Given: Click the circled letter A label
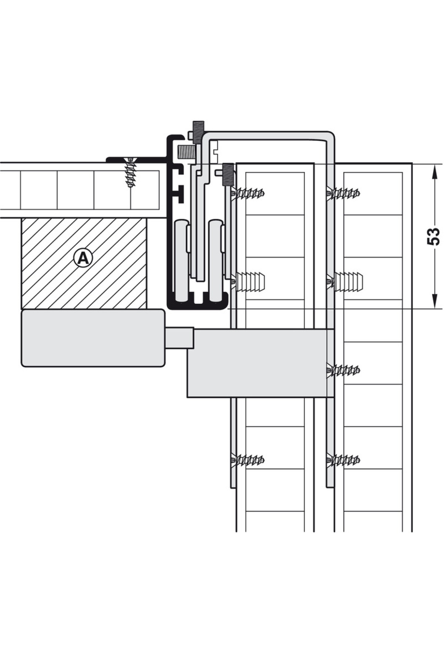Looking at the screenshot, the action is [x=83, y=258].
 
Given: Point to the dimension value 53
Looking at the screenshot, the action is [x=433, y=236].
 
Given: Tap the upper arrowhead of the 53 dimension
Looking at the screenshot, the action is [x=433, y=171].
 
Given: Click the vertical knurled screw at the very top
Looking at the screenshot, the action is [x=197, y=132].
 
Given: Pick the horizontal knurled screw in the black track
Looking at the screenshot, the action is [x=187, y=151].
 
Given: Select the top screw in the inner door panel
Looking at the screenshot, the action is [x=248, y=193].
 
